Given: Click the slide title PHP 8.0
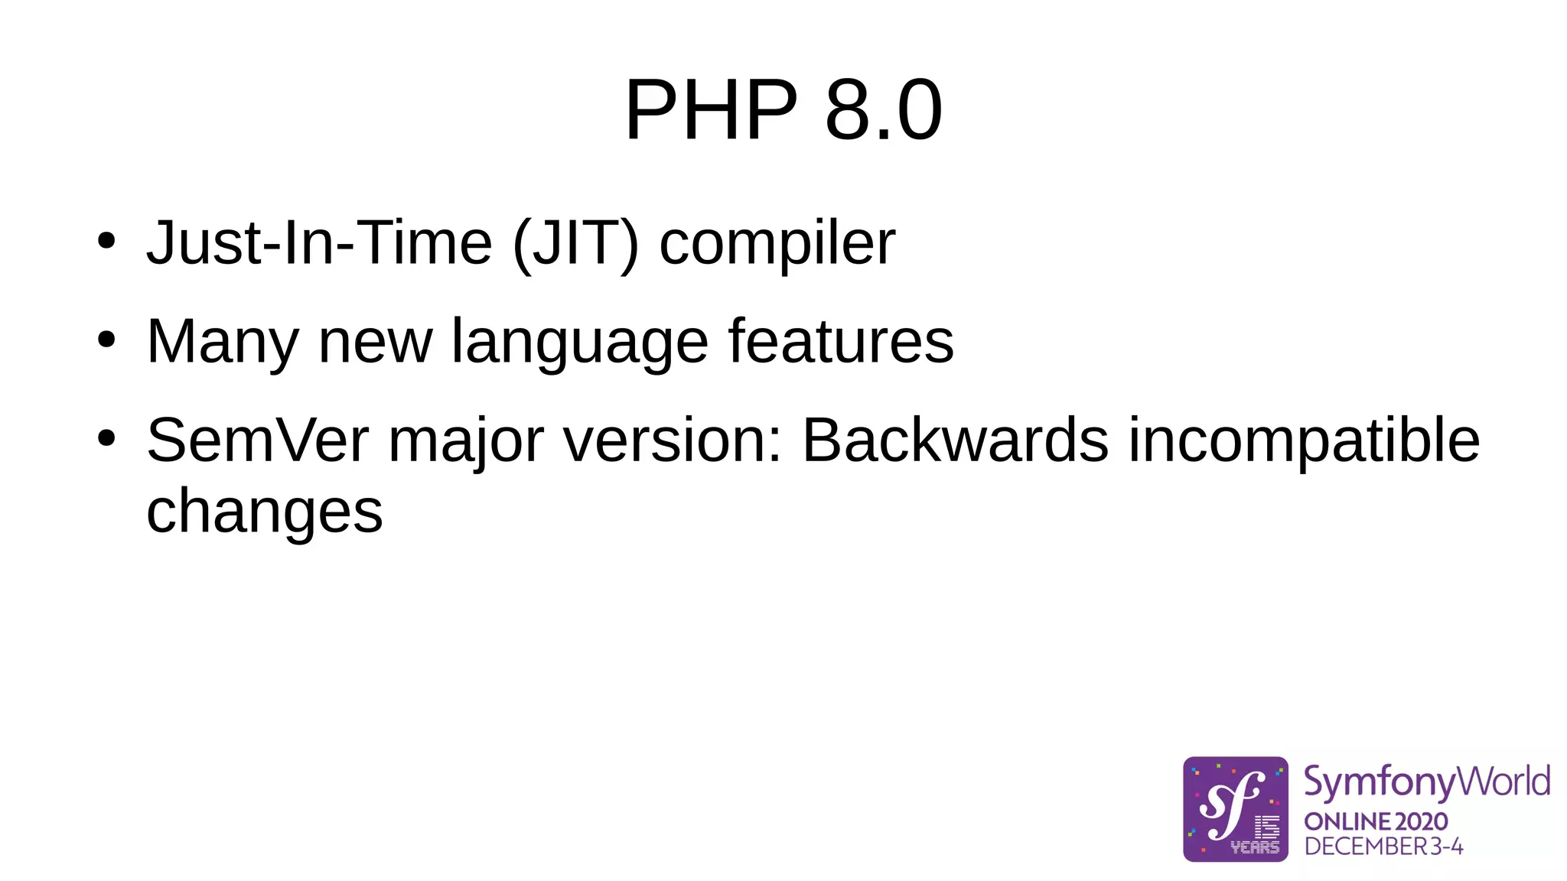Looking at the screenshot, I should pyautogui.click(x=783, y=110).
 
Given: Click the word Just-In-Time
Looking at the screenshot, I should pyautogui.click(x=319, y=242).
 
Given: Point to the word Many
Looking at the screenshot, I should pyautogui.click(x=223, y=342).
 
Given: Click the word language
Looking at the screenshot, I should pyautogui.click(x=579, y=342).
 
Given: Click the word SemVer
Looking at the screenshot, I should pyautogui.click(x=258, y=440).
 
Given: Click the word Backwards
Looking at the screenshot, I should pyautogui.click(x=955, y=440).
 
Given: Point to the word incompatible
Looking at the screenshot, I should pyautogui.click(x=1304, y=440).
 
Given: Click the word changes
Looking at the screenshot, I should pyautogui.click(x=264, y=512).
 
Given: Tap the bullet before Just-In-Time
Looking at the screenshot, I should pyautogui.click(x=106, y=241).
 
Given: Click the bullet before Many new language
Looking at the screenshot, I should pyautogui.click(x=106, y=340).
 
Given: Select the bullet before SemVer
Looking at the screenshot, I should pyautogui.click(x=106, y=438).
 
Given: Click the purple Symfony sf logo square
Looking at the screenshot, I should pyautogui.click(x=1235, y=809).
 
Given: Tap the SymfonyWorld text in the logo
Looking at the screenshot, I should pyautogui.click(x=1426, y=782).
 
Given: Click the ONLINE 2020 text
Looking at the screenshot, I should pyautogui.click(x=1375, y=821).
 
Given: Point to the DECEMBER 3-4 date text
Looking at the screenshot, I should pyautogui.click(x=1383, y=847).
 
